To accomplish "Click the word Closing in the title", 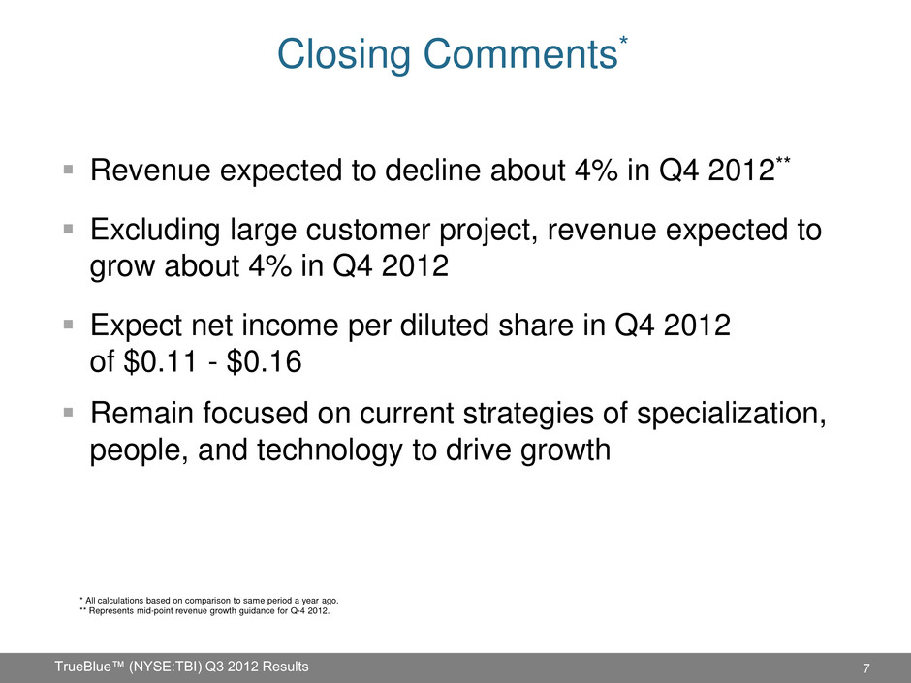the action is pyautogui.click(x=344, y=54).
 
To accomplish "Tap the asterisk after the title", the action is pyautogui.click(x=623, y=41).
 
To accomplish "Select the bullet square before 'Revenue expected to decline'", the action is pyautogui.click(x=69, y=170).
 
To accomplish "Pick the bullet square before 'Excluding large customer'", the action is pyautogui.click(x=69, y=229).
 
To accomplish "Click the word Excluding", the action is pyautogui.click(x=155, y=230).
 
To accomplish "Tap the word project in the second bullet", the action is pyautogui.click(x=489, y=232).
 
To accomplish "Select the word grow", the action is pyautogui.click(x=122, y=267).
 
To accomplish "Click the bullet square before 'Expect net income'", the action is pyautogui.click(x=69, y=324).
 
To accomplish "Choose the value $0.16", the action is pyautogui.click(x=265, y=361).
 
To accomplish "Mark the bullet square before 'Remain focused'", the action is pyautogui.click(x=69, y=413).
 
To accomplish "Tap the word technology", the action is pyautogui.click(x=330, y=450).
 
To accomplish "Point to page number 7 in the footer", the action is pyautogui.click(x=866, y=668).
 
